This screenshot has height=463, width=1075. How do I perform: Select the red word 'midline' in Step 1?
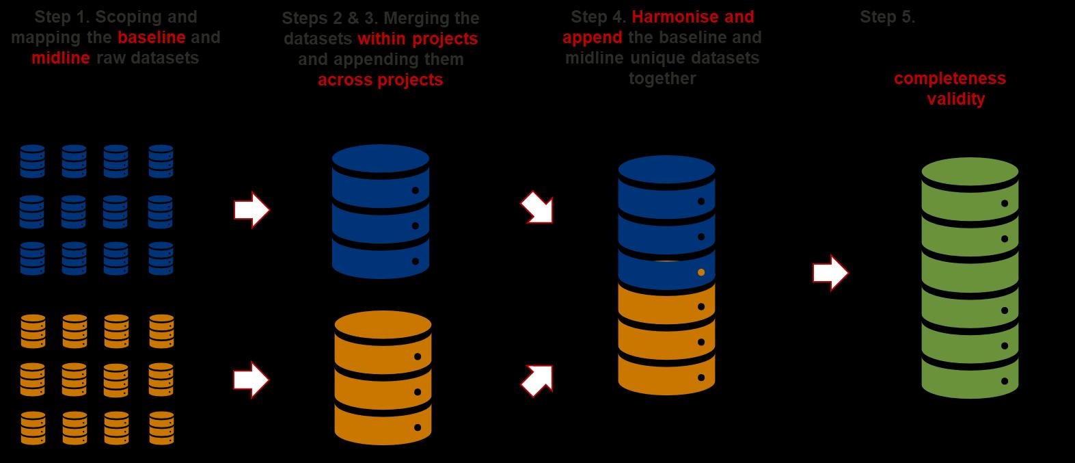tap(60, 58)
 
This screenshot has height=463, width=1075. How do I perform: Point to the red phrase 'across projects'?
tap(380, 80)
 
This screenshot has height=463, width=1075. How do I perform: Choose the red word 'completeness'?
tap(950, 79)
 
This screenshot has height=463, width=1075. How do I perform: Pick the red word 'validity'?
tap(955, 99)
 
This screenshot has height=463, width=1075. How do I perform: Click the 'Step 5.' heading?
tap(887, 18)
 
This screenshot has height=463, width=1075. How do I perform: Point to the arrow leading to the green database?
tap(830, 273)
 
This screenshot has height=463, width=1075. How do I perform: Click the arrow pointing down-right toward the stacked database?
tap(537, 207)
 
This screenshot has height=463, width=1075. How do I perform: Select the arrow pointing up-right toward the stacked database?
tap(537, 380)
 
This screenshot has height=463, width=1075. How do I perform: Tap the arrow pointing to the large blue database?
tap(251, 210)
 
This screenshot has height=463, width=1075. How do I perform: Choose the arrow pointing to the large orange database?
tap(251, 380)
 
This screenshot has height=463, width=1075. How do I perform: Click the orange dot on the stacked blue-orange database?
tap(701, 272)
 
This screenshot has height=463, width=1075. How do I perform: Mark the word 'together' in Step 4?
tap(662, 79)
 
